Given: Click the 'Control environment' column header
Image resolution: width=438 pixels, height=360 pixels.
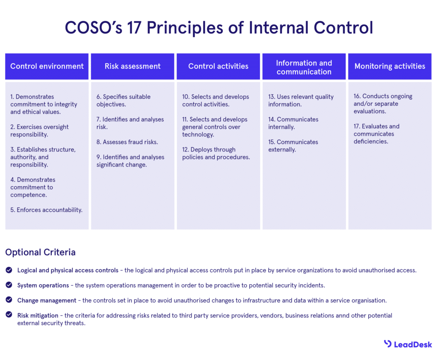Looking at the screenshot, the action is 47,66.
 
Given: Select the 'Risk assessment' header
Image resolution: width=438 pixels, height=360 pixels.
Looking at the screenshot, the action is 133,66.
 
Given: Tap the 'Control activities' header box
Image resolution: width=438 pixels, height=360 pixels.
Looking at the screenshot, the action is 219,66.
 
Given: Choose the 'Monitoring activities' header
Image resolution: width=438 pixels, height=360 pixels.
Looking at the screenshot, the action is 390,66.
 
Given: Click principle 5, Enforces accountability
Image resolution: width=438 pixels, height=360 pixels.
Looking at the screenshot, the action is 46,210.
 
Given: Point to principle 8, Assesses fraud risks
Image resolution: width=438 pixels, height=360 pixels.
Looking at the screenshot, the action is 127,142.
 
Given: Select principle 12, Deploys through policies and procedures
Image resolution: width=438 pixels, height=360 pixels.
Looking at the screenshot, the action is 216,153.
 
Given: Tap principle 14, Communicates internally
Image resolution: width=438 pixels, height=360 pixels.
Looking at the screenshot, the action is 293,123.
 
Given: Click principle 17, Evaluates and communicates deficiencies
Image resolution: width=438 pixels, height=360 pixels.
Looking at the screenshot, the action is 376,134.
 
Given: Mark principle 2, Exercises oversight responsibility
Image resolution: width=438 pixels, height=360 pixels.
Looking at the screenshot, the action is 39,131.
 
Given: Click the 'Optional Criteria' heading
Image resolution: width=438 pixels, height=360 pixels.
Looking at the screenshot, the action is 41,252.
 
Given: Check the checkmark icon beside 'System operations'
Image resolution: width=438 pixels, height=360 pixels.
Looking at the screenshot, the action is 9,285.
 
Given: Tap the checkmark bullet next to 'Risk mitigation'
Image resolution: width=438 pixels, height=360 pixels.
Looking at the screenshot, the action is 9,315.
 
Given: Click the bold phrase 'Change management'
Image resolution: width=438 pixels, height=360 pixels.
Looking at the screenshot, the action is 47,300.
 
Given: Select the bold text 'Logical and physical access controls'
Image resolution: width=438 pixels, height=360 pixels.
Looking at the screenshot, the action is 68,270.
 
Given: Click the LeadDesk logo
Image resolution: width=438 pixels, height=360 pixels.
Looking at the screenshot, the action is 408,344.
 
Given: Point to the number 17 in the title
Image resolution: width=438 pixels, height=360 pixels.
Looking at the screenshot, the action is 134,28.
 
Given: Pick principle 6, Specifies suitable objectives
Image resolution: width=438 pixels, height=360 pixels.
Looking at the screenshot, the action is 124,100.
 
